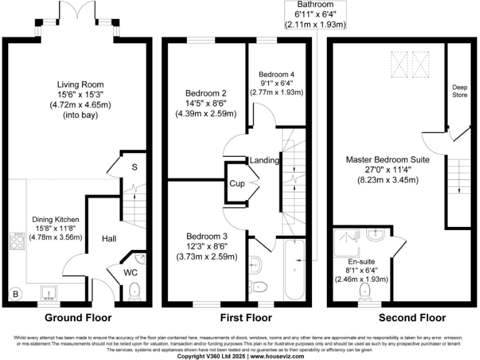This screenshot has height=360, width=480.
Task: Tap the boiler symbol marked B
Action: pos(15,292)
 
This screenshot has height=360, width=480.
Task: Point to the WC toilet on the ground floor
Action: pos(134,290)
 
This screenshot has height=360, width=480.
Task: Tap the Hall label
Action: pos(108,238)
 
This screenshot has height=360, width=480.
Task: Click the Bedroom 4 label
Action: pos(276,74)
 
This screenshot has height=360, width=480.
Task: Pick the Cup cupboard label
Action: pos(237,184)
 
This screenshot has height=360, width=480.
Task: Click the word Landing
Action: pos(264,161)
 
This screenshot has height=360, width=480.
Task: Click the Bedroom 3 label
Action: pos(207,236)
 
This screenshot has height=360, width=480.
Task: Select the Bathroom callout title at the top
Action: pos(315,4)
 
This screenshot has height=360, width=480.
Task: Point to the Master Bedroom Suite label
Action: pos(387,160)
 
